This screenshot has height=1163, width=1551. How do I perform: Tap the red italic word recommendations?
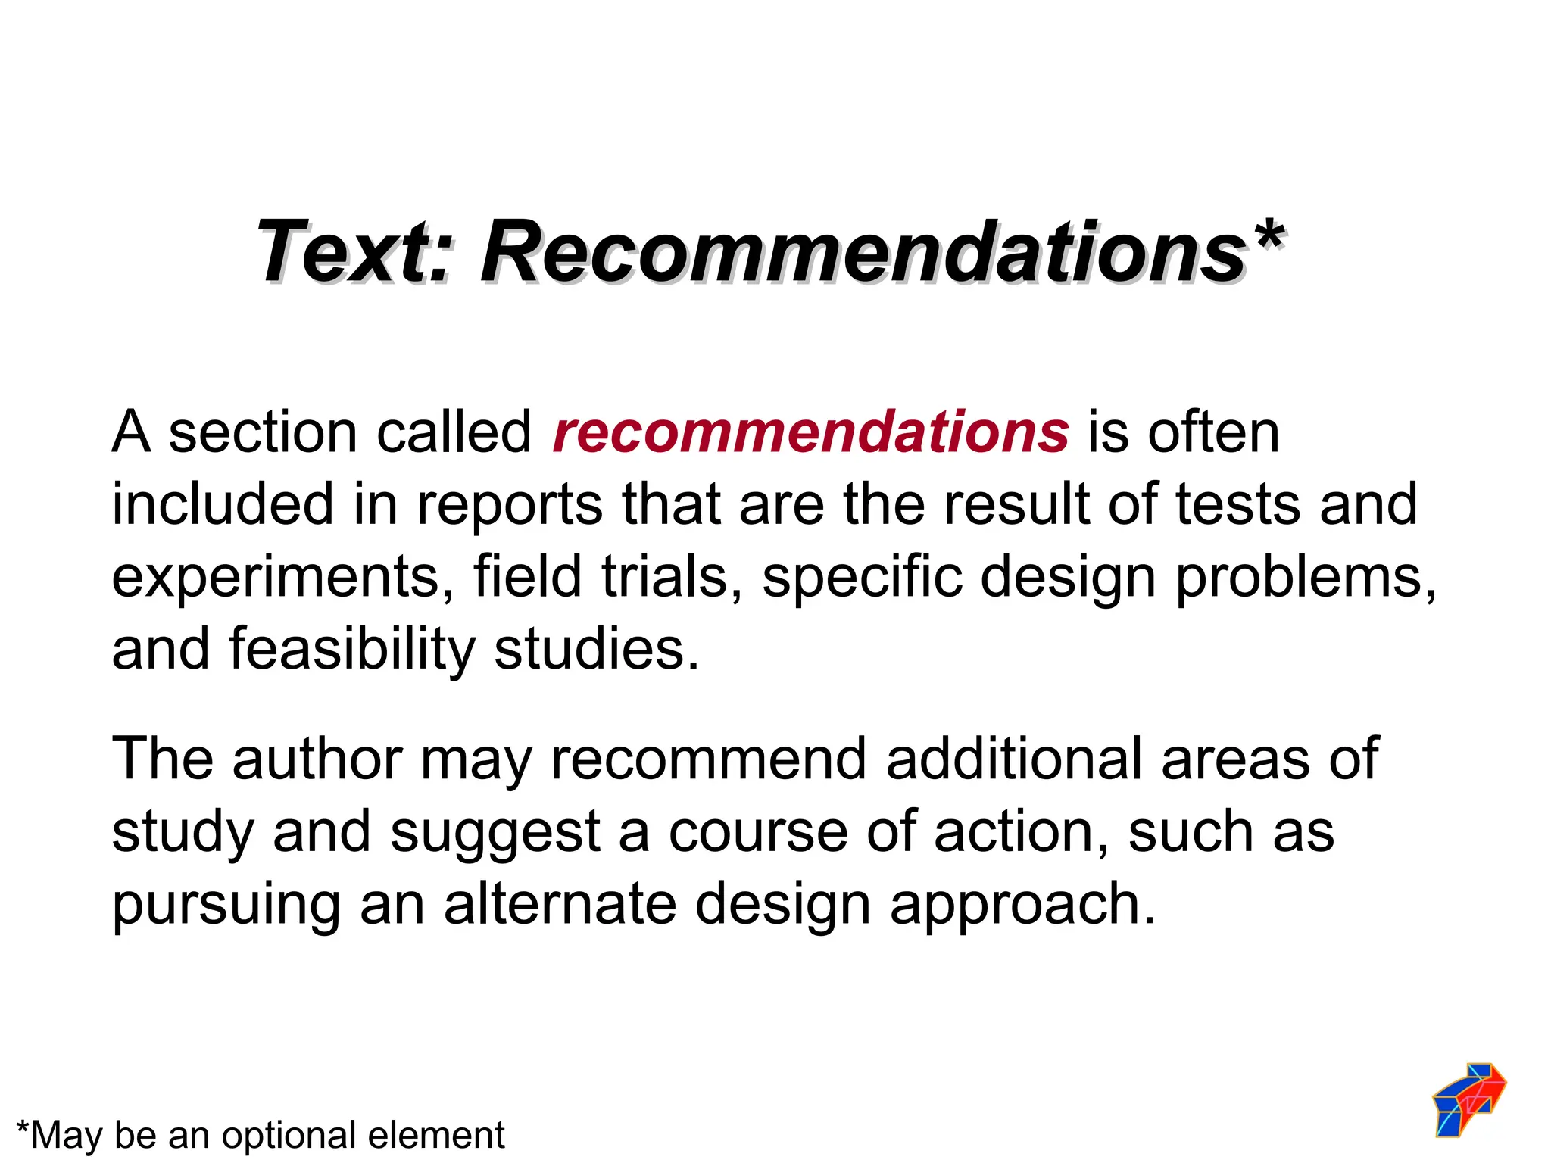click(x=810, y=432)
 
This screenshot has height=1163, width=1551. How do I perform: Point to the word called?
click(x=454, y=432)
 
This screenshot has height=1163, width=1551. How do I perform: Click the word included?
click(x=223, y=504)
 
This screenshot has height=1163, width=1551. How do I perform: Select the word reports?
click(x=510, y=504)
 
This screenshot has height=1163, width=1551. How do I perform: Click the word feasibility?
click(x=351, y=649)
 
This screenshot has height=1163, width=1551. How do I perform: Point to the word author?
click(x=317, y=759)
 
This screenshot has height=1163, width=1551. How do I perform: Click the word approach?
click(x=1022, y=905)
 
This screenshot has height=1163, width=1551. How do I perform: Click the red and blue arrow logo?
click(x=1469, y=1099)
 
